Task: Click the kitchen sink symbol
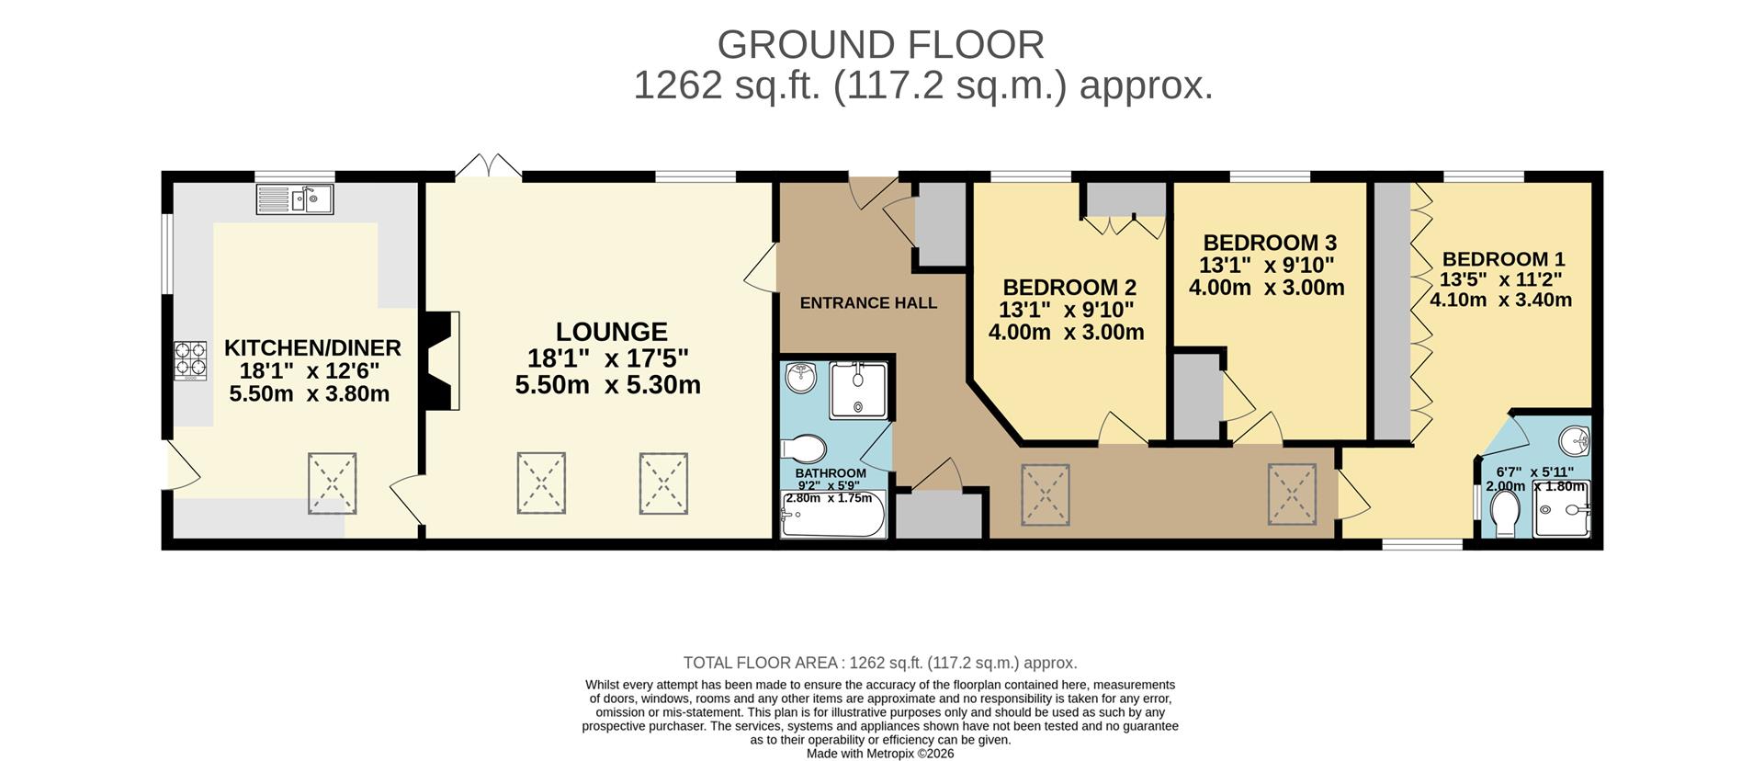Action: click(x=295, y=199)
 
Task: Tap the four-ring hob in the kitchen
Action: click(x=191, y=359)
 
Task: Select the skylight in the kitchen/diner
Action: click(x=332, y=482)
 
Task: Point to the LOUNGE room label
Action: click(x=611, y=331)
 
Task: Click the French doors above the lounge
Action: click(x=489, y=166)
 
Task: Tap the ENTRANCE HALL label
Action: click(x=868, y=302)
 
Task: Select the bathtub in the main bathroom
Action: click(x=832, y=516)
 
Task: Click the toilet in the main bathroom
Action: click(x=804, y=449)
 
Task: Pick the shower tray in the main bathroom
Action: click(x=859, y=391)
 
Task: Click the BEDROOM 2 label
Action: click(x=1069, y=287)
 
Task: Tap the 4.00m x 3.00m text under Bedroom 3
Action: click(x=1266, y=288)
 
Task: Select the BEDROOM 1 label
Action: click(x=1503, y=259)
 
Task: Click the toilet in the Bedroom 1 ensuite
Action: click(x=1506, y=513)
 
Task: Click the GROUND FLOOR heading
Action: click(x=880, y=45)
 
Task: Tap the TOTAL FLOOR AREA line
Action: click(x=879, y=663)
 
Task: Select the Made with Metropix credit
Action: click(x=879, y=754)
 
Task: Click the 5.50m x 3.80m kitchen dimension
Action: click(x=309, y=394)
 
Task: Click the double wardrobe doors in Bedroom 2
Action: click(x=1125, y=224)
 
